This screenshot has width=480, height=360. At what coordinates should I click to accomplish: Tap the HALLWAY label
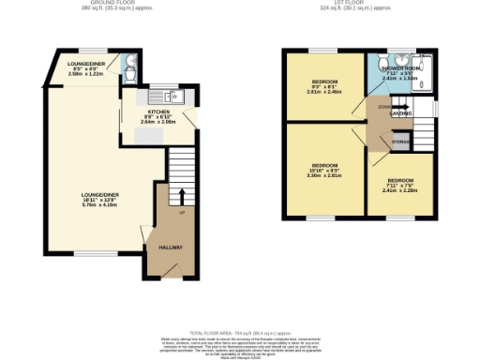[170, 247]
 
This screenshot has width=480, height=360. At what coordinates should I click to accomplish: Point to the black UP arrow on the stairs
[181, 197]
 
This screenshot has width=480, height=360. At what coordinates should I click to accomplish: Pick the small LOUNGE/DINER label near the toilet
[85, 64]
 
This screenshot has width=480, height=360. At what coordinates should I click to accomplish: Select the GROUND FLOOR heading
[97, 3]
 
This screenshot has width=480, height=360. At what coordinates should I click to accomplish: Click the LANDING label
[402, 114]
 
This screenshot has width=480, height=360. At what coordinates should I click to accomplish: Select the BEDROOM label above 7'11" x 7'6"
[400, 179]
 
